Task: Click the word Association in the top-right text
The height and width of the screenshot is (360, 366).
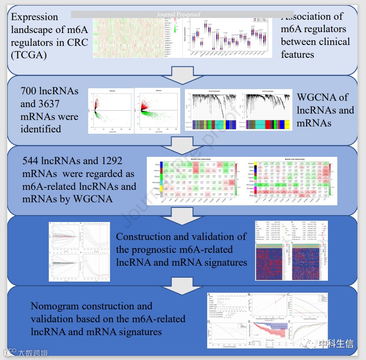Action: (312, 17)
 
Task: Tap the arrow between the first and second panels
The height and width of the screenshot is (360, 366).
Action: (183, 78)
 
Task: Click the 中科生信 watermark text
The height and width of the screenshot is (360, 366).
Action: (334, 343)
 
